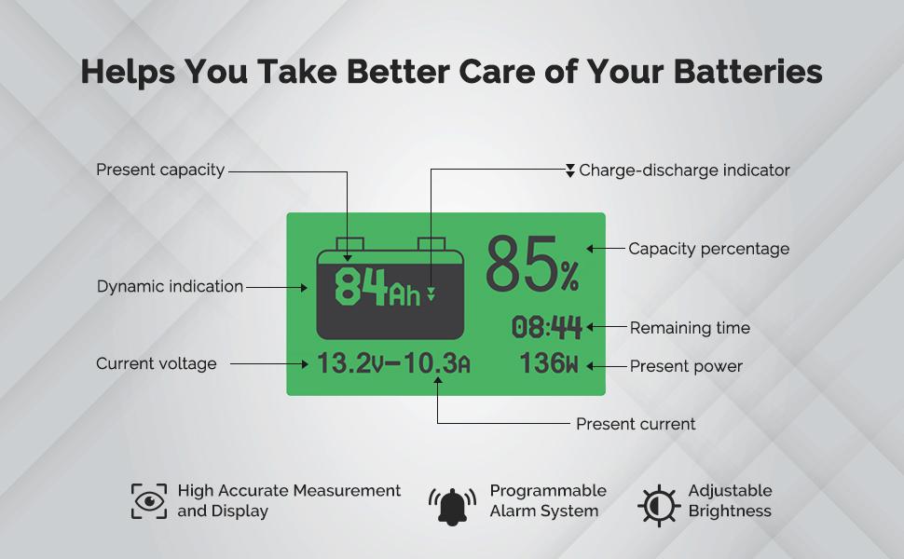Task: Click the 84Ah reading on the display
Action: click(377, 288)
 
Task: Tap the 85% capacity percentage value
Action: click(532, 266)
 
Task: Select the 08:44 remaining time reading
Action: click(547, 328)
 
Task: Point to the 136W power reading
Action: click(549, 364)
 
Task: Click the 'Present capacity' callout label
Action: click(160, 170)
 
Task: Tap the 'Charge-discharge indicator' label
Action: click(684, 170)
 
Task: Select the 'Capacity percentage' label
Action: click(708, 249)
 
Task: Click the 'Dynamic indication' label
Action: click(170, 287)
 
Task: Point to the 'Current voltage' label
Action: click(157, 364)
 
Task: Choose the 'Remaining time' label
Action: click(690, 328)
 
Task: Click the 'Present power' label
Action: click(686, 366)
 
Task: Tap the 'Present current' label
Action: click(636, 424)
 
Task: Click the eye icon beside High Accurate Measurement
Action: click(149, 501)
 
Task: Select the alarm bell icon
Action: click(452, 505)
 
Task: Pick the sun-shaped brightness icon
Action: click(658, 504)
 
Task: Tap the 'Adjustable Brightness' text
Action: click(730, 501)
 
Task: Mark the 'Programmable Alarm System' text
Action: click(548, 501)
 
